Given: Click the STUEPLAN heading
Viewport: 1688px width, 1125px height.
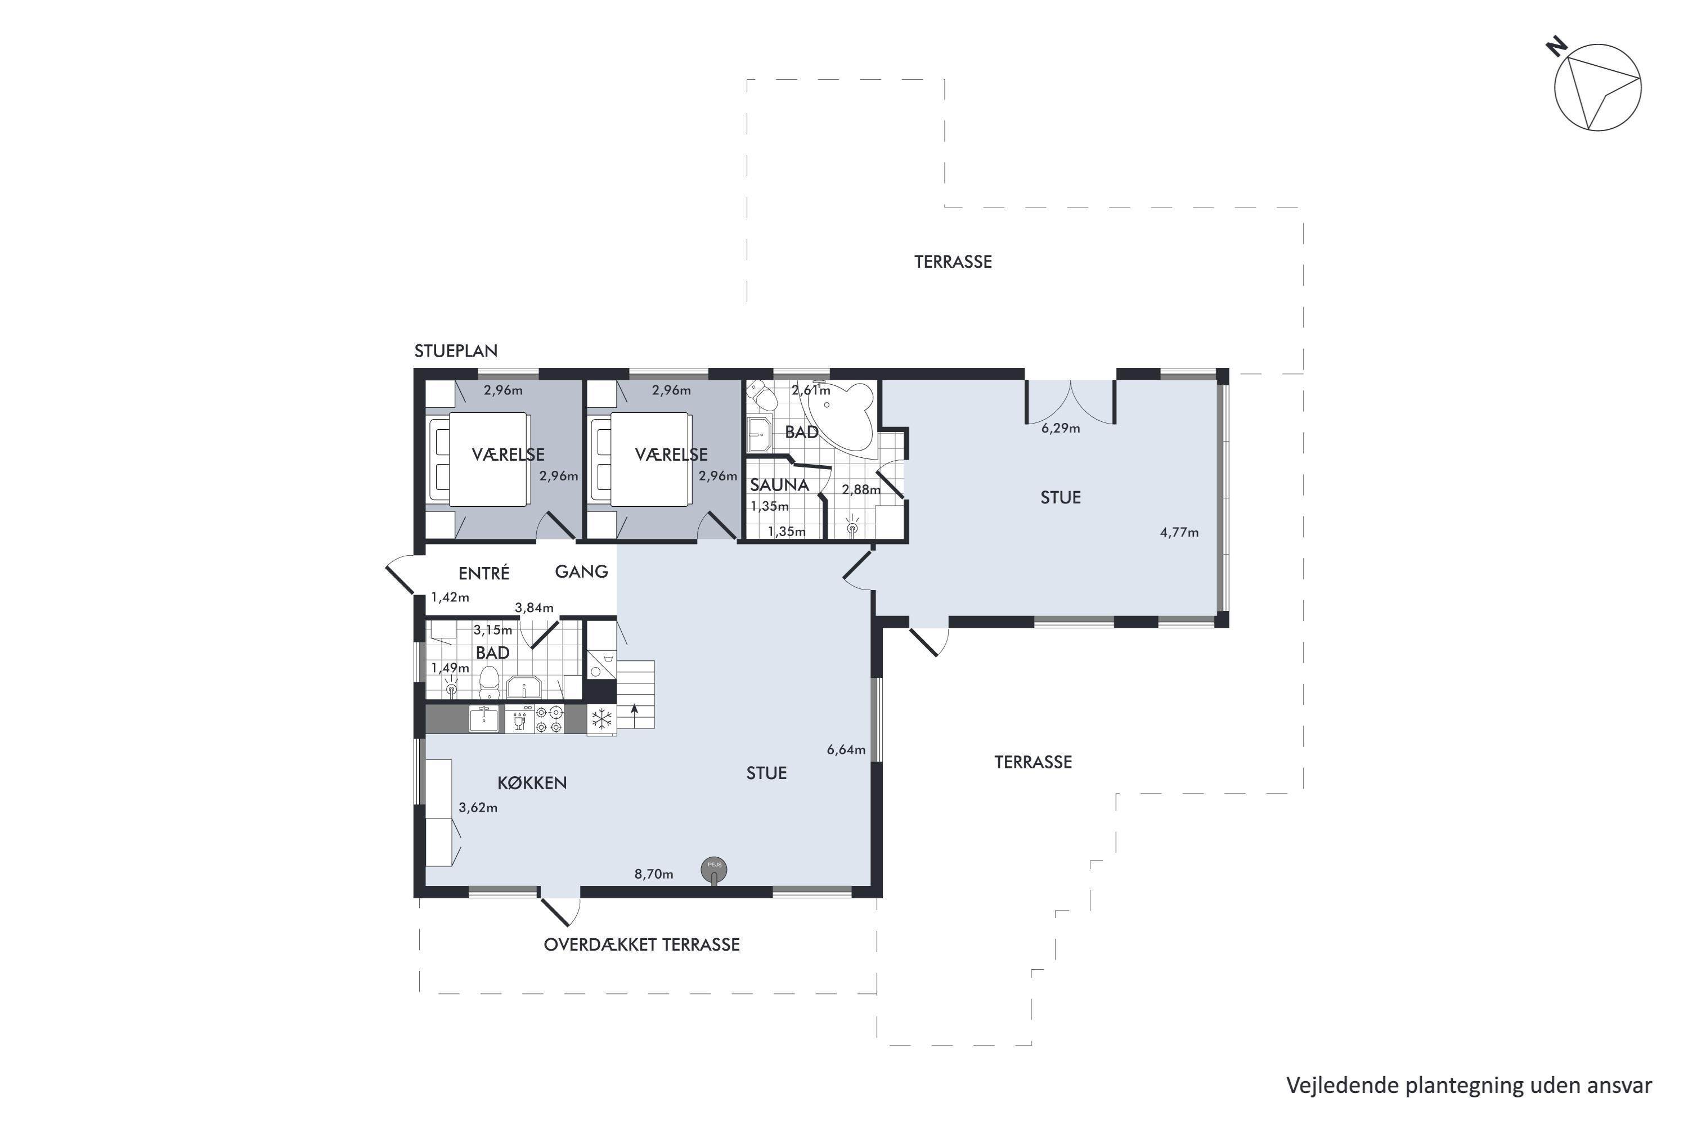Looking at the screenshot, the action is click(x=456, y=351).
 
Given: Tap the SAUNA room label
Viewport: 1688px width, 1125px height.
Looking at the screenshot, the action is click(x=779, y=485).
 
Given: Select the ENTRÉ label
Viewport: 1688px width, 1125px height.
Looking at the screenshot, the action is click(x=484, y=573).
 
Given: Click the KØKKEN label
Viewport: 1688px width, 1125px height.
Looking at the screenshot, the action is click(x=532, y=783).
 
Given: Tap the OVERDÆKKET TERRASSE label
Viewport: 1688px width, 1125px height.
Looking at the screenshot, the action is click(x=641, y=944).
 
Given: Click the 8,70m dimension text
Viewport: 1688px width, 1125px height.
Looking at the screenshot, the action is click(x=654, y=874).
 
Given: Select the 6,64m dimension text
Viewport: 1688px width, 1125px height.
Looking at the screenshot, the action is click(x=846, y=750).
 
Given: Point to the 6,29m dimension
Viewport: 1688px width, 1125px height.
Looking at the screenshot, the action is click(x=1061, y=428).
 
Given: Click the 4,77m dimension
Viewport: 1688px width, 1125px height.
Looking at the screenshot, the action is click(x=1179, y=532).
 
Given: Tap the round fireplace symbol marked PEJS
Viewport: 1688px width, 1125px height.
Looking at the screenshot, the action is click(x=714, y=870).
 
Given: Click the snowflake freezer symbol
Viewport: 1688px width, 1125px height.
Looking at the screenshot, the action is click(x=601, y=719).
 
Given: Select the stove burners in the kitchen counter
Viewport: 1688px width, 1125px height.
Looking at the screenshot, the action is click(x=549, y=719).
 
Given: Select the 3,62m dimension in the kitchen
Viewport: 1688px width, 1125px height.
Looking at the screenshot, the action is click(x=478, y=807).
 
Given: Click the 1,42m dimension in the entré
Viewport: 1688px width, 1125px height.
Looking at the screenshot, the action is click(x=450, y=597).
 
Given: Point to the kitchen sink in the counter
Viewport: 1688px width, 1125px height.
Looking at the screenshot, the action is click(x=484, y=719).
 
